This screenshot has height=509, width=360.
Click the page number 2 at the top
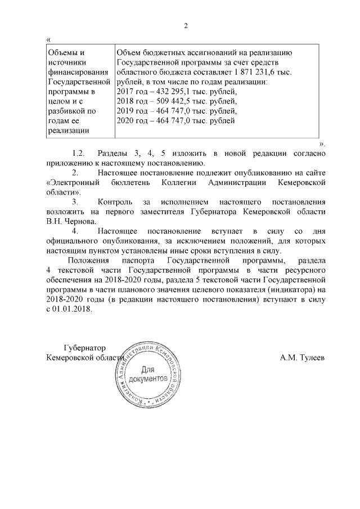(x=186, y=26)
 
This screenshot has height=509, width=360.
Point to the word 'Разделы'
(x=114, y=154)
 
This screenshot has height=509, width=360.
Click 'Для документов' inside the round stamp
(x=147, y=375)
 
